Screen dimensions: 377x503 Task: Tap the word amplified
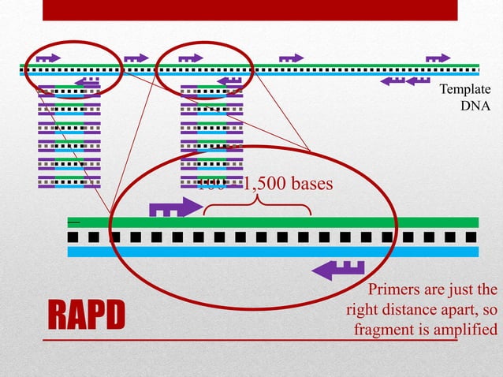tap(464, 329)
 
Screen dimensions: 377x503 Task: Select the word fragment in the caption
tap(384, 329)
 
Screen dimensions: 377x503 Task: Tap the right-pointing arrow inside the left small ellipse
tap(47, 58)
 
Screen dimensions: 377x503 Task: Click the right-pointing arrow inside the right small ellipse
tap(191, 58)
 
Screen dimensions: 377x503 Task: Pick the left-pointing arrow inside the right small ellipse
tap(229, 81)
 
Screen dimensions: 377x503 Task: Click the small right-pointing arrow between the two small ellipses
tap(136, 58)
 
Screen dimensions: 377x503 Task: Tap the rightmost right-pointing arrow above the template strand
tap(438, 58)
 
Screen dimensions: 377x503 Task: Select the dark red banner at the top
tap(250, 9)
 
